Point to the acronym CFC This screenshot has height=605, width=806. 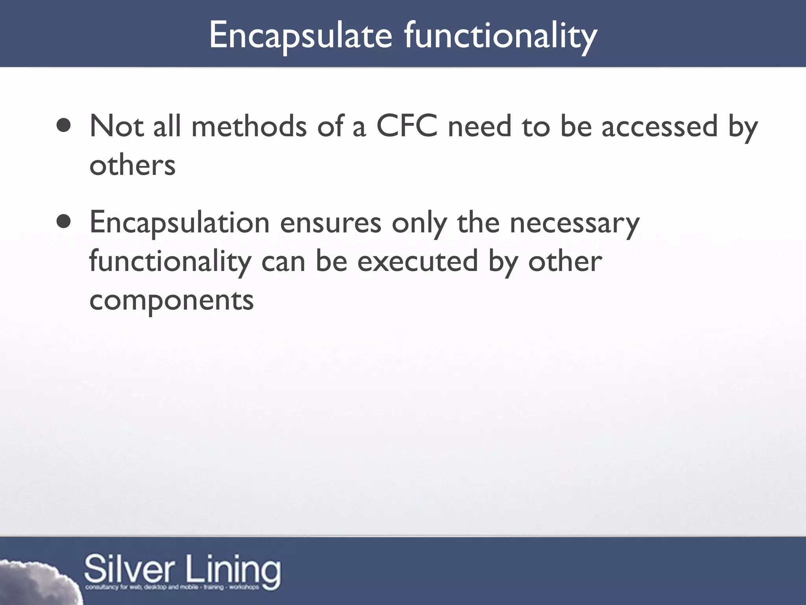407,126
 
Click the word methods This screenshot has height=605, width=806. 249,126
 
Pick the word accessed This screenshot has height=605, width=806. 660,126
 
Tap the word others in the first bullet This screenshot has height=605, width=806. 132,165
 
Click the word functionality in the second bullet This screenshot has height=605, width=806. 170,262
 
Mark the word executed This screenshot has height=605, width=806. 417,262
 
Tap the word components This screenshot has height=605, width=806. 172,300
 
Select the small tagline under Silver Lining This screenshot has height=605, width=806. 172,587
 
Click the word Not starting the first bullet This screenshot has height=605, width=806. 116,126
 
